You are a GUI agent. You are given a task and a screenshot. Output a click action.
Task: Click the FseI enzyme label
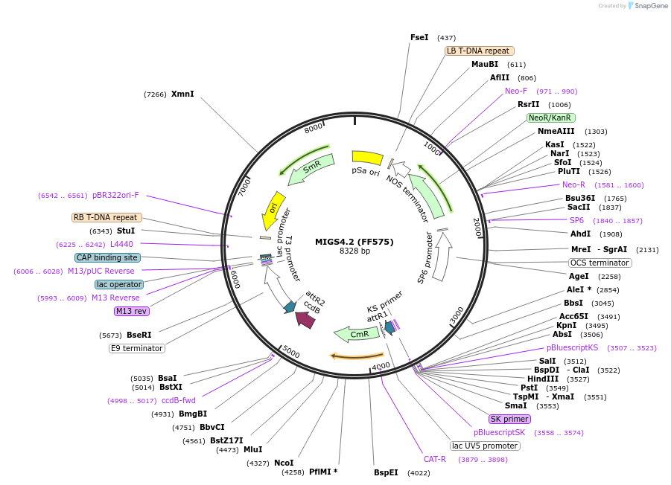coord(419,37)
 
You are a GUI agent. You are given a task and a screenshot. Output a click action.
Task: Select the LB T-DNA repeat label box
coord(479,51)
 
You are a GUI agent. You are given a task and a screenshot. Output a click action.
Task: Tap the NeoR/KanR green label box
coord(550,118)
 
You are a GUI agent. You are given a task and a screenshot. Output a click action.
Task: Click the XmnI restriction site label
coord(182,94)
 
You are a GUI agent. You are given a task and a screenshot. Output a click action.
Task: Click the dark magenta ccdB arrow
coord(305,319)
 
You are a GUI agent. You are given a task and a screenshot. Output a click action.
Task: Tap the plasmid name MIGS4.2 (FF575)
coord(354,242)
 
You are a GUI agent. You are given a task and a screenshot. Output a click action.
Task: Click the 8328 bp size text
coord(354,251)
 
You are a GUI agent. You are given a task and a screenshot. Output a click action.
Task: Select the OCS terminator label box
coord(600,263)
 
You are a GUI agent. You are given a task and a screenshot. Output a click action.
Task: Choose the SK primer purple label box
coord(509,419)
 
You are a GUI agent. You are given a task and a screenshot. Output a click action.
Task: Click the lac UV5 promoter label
coord(485,446)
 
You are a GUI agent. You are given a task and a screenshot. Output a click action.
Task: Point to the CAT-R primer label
coord(435,459)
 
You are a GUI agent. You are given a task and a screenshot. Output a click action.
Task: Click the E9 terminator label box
coord(137,348)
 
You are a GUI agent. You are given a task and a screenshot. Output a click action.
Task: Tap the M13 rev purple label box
coord(131,311)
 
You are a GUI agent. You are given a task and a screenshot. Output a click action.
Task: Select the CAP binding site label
coord(107,257)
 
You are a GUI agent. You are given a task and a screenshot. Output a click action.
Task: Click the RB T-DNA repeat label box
coord(105,218)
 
